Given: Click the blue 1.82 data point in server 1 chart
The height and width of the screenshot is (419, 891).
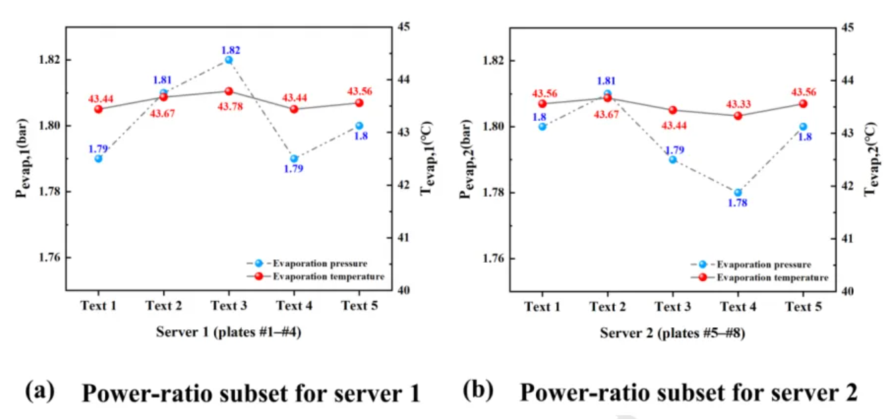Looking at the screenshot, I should [x=228, y=60].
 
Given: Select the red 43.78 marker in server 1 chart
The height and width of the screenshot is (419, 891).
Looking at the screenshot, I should [x=228, y=91].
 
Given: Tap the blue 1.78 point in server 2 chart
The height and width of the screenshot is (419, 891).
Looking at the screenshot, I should [x=738, y=192].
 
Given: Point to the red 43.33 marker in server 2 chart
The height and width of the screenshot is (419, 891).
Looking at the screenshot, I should [x=738, y=116].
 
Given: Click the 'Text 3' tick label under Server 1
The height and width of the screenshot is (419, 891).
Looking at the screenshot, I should [x=228, y=307].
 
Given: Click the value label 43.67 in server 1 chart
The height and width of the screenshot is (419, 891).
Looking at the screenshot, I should [x=163, y=113].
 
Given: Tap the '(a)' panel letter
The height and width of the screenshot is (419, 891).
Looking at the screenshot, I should [x=39, y=392].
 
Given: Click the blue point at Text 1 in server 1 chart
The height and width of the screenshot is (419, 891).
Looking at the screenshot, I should [x=98, y=159].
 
